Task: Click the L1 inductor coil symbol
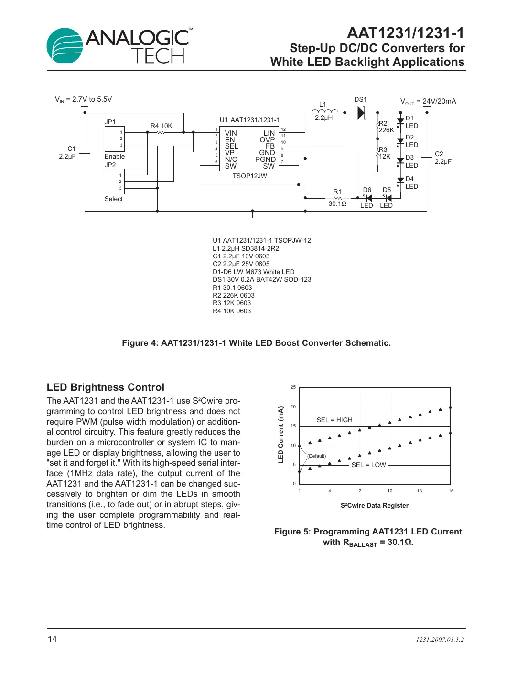click(x=324, y=112)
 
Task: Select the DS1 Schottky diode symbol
click(x=361, y=113)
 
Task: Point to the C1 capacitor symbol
click(x=85, y=152)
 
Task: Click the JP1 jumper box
click(x=115, y=139)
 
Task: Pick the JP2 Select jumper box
click(x=115, y=182)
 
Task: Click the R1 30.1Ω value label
click(x=337, y=204)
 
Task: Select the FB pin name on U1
click(x=270, y=146)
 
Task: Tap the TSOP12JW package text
click(x=249, y=176)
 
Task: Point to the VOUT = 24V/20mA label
click(x=428, y=101)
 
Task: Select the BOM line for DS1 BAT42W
click(x=262, y=279)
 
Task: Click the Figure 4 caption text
click(x=256, y=343)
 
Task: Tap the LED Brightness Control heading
click(x=106, y=387)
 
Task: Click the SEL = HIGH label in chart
click(x=334, y=420)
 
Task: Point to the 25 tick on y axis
click(x=293, y=387)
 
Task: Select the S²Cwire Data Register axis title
click(x=374, y=505)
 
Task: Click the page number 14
click(x=52, y=639)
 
